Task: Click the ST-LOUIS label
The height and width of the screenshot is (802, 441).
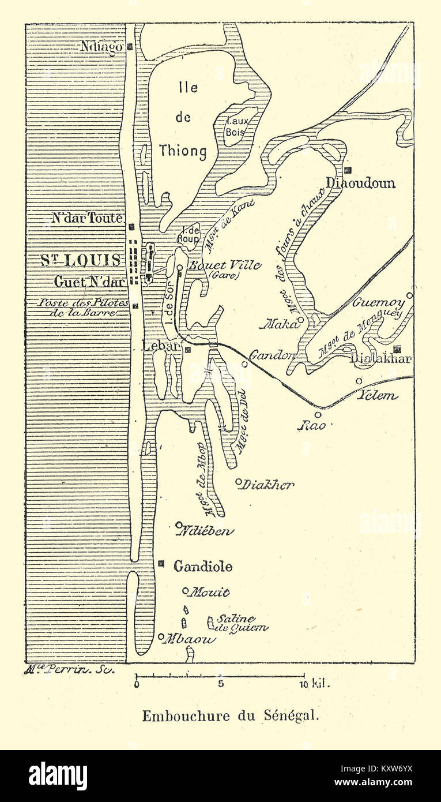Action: coord(81,260)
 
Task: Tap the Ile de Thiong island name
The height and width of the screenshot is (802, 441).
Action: coord(183,119)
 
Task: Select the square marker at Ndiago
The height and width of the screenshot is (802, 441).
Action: coord(130,47)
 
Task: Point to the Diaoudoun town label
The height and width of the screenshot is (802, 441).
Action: coord(361,183)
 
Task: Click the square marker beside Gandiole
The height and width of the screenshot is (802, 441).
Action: coord(161,563)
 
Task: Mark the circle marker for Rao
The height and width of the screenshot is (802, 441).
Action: coord(318,414)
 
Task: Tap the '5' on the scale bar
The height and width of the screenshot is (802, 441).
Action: coord(220,684)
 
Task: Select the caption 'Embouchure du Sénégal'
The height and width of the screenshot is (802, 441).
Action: coord(230,716)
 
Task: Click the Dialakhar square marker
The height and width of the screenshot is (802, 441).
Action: coord(397,349)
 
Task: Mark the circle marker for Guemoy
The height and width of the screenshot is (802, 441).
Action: coord(409,295)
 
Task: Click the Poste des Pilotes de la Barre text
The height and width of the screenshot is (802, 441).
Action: coord(83,308)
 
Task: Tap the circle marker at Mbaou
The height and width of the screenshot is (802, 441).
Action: coord(161,637)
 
